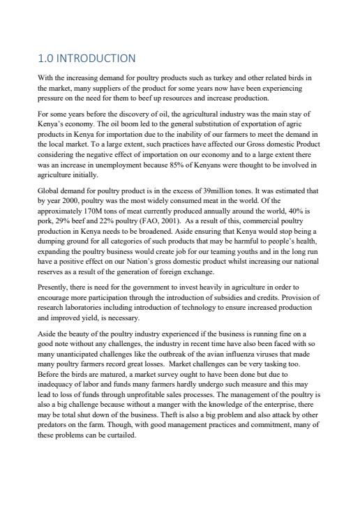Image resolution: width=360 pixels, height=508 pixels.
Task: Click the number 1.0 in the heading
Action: [x=46, y=58]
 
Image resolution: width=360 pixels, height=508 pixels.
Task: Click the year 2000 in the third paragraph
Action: [x=70, y=200]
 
